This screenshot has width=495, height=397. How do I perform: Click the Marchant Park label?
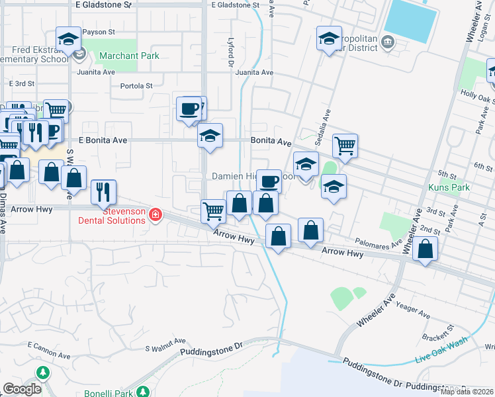(x=130, y=56)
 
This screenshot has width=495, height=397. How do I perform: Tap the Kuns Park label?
(x=454, y=187)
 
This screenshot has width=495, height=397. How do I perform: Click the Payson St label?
(x=99, y=31)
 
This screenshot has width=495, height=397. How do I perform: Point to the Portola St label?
(x=136, y=85)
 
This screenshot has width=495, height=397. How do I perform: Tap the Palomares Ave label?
(x=379, y=243)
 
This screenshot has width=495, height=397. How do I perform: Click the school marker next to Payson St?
(x=68, y=38)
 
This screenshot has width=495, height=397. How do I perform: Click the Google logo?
(x=22, y=389)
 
